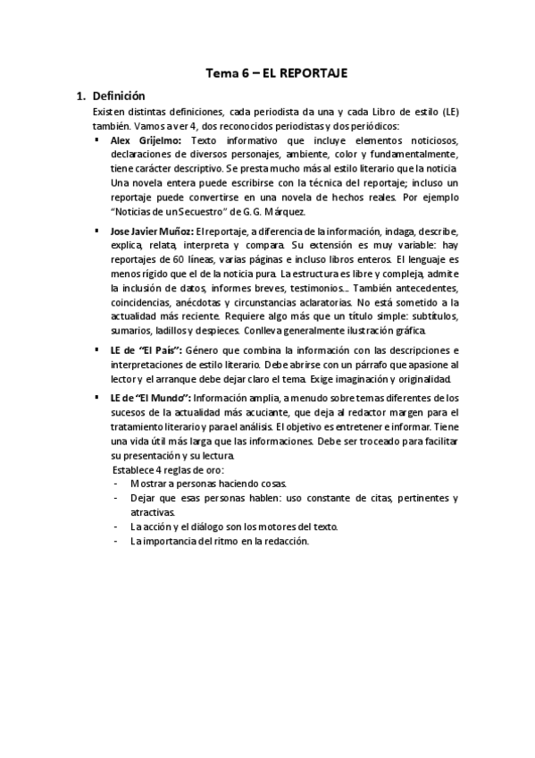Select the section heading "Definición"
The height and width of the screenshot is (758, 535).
point(119,96)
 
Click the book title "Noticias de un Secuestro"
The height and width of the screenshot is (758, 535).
point(180,211)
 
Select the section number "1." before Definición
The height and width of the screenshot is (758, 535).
point(79,96)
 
